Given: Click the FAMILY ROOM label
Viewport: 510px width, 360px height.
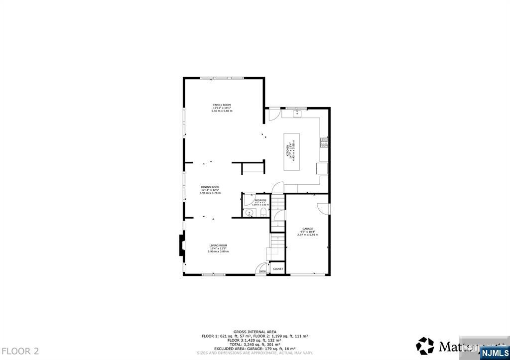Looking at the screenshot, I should pyautogui.click(x=222, y=105).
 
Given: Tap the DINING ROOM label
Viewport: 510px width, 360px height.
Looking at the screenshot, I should pyautogui.click(x=210, y=187).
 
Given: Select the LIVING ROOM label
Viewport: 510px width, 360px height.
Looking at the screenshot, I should pyautogui.click(x=218, y=245).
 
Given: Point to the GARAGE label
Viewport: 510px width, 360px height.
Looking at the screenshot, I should pyautogui.click(x=307, y=229).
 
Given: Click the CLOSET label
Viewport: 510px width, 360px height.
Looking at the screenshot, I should pyautogui.click(x=278, y=269).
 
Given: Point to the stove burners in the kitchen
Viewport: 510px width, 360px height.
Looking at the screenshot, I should pyautogui.click(x=324, y=142).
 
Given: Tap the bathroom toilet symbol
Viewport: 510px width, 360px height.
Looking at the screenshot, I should pyautogui.click(x=262, y=214).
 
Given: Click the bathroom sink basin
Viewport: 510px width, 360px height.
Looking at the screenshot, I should pyautogui.click(x=250, y=213).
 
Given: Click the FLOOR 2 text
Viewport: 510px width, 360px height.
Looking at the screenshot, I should pyautogui.click(x=19, y=351).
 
